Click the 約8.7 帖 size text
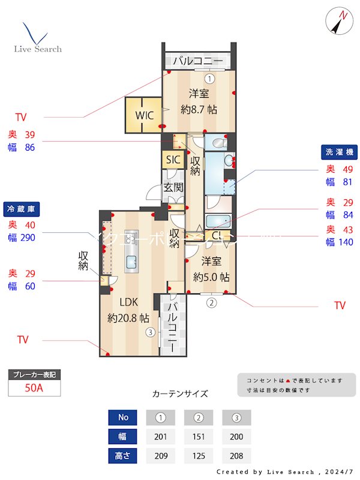point(199,110)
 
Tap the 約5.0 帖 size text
point(211,277)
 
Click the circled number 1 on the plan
point(209,78)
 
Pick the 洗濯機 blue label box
point(338,152)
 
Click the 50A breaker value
point(34,388)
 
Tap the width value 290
point(28,238)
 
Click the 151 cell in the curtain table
point(199,436)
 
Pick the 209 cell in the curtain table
point(161,455)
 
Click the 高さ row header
point(123,455)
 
